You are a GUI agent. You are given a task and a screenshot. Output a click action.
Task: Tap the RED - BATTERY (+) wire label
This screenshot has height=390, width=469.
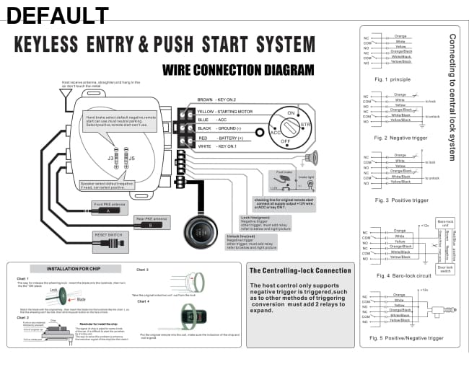[x=220, y=137]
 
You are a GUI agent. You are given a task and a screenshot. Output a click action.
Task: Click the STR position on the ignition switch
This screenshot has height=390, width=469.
[x=305, y=125]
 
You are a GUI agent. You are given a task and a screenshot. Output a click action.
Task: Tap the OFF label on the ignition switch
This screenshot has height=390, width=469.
[x=286, y=142]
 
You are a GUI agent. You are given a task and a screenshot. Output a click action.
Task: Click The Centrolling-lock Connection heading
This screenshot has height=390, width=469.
[x=299, y=270]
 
